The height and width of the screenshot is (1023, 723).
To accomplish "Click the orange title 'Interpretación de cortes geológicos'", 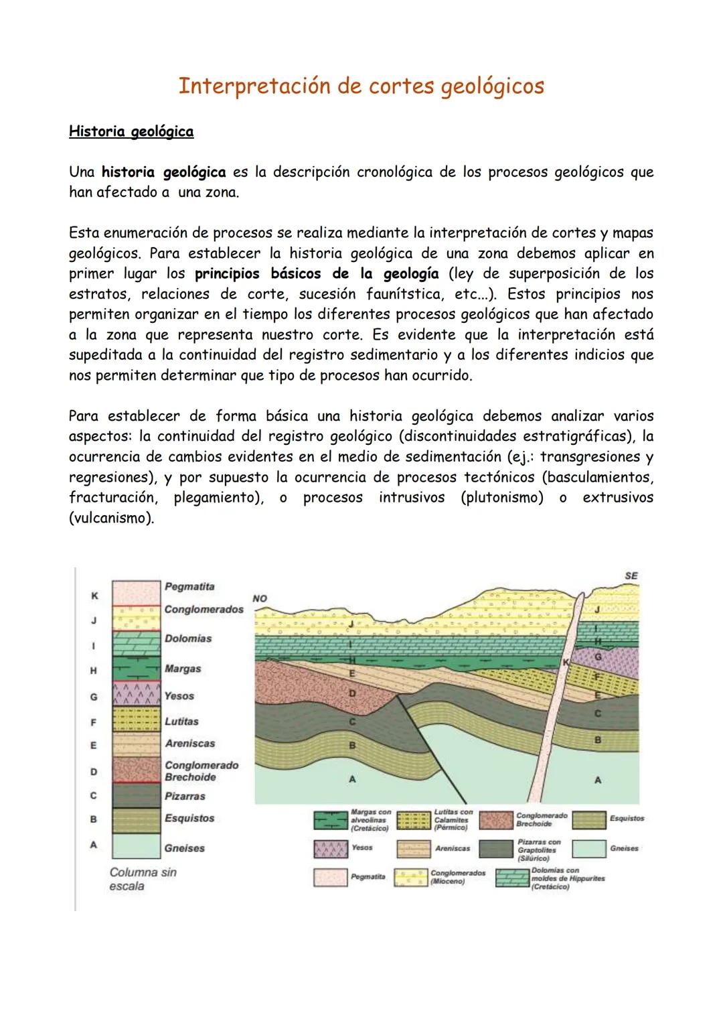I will [361, 86].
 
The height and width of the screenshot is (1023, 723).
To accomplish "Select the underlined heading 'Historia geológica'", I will [131, 131].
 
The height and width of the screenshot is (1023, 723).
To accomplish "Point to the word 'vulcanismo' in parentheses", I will [111, 519].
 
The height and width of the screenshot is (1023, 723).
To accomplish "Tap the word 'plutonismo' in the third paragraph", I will [502, 498].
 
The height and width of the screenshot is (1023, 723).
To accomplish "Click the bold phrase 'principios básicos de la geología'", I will [317, 273].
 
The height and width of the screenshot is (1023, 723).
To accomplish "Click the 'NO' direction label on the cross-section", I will [260, 598].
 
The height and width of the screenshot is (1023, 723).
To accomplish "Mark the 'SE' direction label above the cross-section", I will [631, 575].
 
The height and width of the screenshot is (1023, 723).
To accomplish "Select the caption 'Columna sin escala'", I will [143, 879].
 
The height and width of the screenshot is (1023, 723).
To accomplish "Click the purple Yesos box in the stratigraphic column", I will [136, 695].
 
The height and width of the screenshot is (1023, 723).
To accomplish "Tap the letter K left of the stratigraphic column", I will [94, 596].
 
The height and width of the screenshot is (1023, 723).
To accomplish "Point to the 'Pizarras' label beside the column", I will [185, 797].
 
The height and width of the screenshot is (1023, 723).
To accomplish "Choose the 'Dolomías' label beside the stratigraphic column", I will [188, 638].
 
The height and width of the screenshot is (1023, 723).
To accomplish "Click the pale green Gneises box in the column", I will [136, 845].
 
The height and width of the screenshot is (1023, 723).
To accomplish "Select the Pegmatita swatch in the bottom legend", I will [330, 877].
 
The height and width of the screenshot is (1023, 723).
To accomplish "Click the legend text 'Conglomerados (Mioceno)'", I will [457, 877].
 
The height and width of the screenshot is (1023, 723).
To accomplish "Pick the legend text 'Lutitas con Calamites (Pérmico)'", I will [453, 819].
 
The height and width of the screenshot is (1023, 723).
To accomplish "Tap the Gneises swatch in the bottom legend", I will [589, 849].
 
